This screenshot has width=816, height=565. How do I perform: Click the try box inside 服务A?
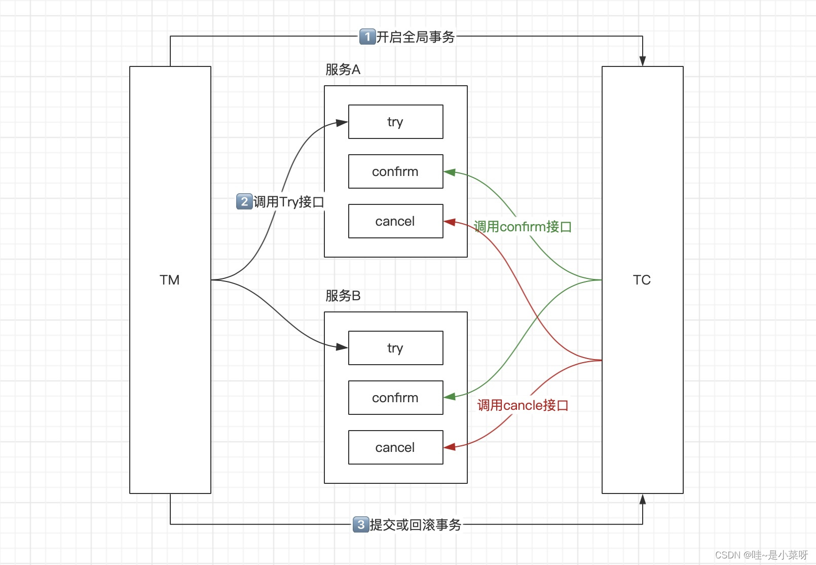click(x=395, y=122)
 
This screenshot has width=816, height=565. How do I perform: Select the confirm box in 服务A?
click(x=395, y=171)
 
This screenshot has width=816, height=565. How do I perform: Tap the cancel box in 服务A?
click(x=395, y=221)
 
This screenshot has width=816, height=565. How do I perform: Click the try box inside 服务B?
click(x=395, y=348)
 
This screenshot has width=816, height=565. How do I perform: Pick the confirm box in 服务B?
click(x=395, y=398)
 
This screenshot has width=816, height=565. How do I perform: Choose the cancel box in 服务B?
click(x=395, y=447)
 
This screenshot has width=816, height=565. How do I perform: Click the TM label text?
click(x=170, y=280)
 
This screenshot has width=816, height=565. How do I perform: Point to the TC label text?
click(x=642, y=280)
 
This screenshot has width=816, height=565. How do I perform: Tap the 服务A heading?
click(x=343, y=69)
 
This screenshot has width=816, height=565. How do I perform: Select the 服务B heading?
click(x=343, y=296)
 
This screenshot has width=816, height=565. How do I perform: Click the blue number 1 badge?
click(x=367, y=37)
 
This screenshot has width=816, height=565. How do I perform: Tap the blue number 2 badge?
click(x=244, y=202)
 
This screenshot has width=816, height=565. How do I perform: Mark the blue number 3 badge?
click(x=360, y=524)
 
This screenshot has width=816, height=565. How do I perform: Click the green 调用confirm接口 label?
click(x=523, y=227)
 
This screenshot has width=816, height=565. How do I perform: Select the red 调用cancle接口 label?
click(x=523, y=405)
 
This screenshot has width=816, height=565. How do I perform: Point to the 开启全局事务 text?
click(x=416, y=37)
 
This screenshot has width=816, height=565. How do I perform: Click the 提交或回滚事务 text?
click(x=416, y=525)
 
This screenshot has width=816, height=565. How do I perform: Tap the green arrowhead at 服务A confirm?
click(x=450, y=172)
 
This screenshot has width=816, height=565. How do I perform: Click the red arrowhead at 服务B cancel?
click(x=450, y=447)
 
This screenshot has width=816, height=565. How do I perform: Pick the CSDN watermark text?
click(x=761, y=555)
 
